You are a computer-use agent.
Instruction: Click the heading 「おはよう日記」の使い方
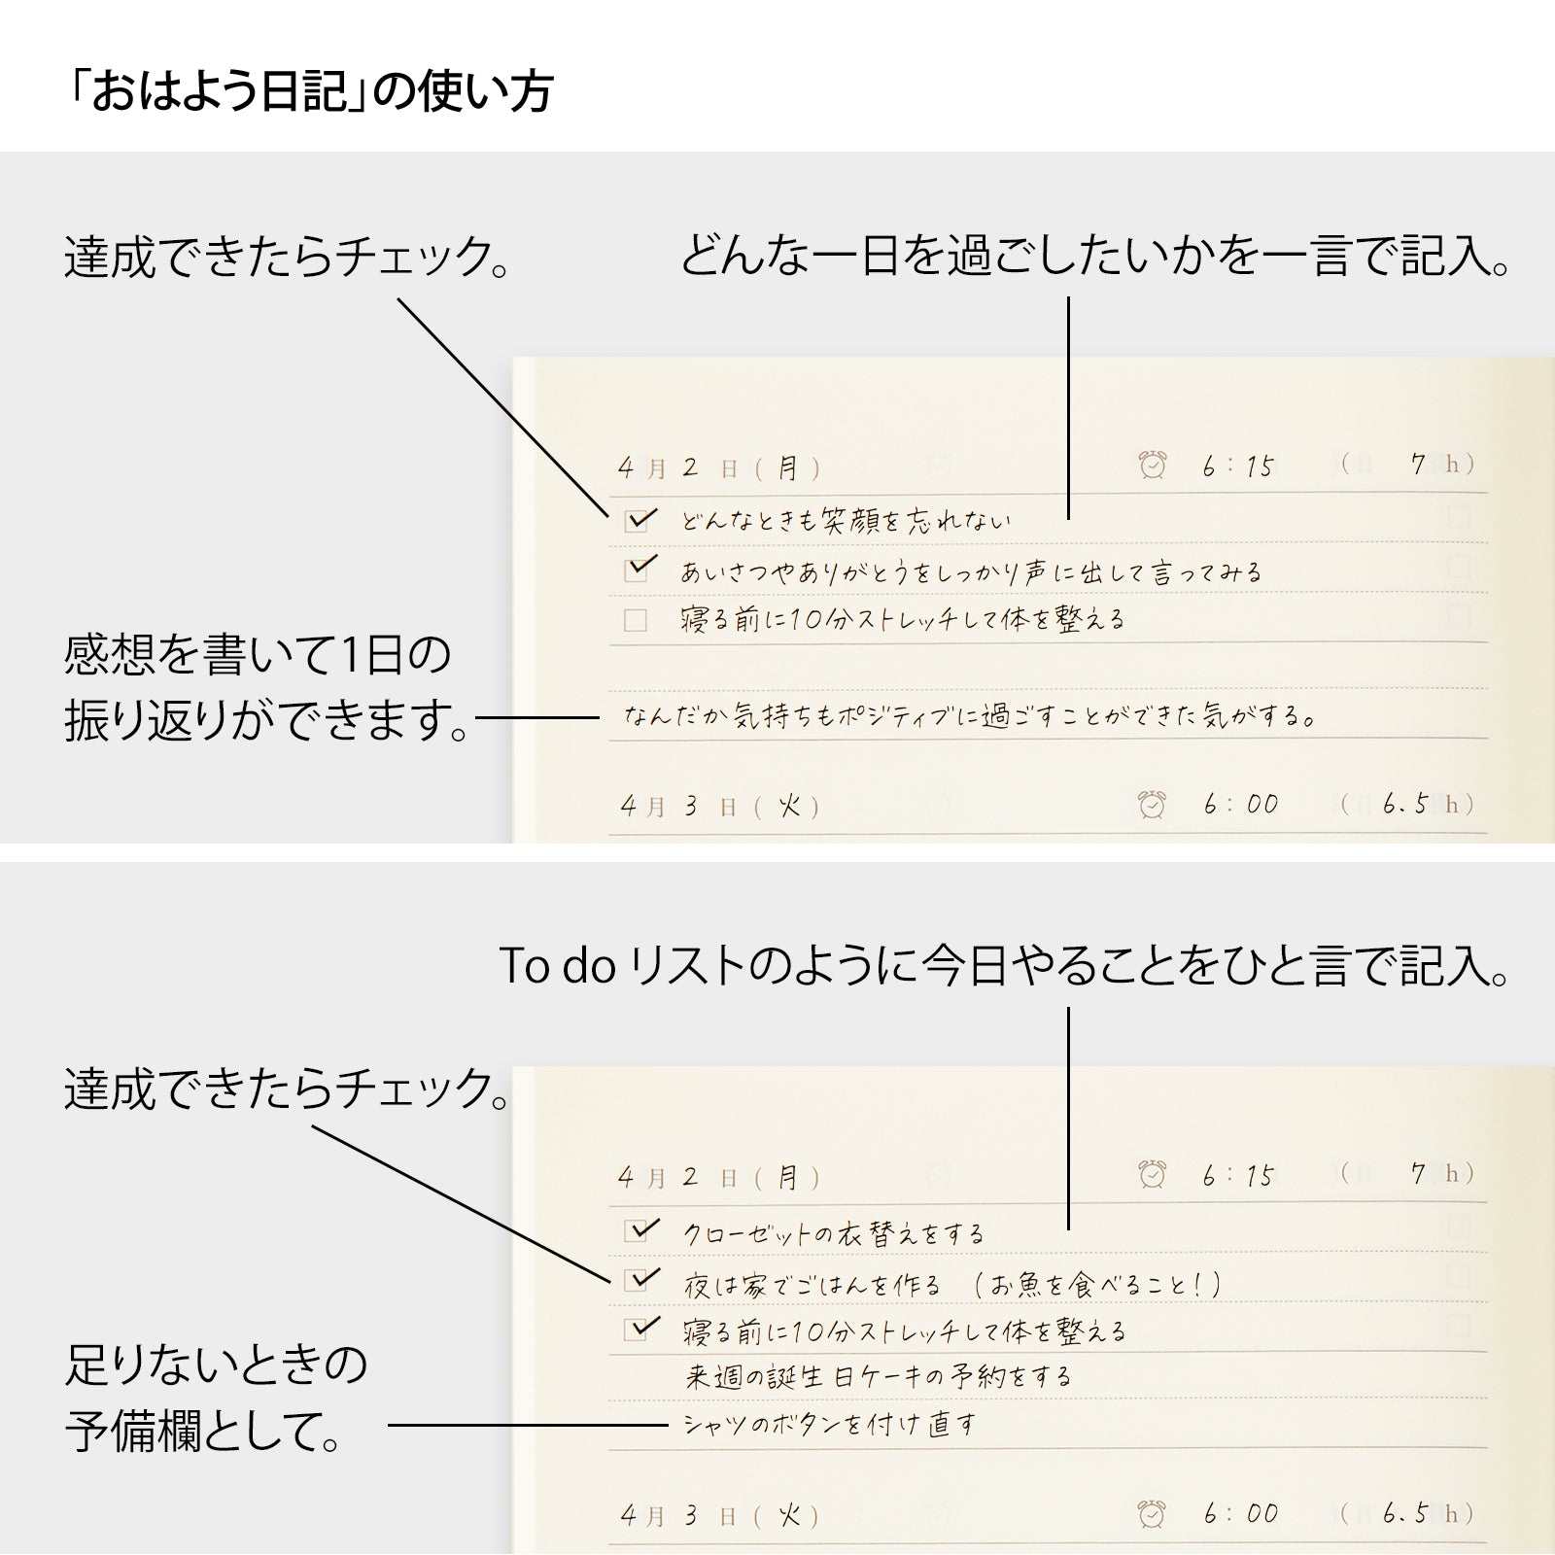tap(309, 92)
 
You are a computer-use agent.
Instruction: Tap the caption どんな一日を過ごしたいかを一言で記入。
tap(1094, 257)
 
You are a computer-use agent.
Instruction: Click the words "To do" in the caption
tap(557, 966)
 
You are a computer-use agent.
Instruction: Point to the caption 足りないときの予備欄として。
tap(216, 1398)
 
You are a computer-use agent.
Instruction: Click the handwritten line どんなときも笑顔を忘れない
tap(846, 522)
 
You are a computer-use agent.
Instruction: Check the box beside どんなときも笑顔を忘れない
tap(637, 521)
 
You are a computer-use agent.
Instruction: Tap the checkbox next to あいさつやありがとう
tap(637, 570)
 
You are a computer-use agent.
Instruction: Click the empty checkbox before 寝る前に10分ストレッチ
tap(636, 620)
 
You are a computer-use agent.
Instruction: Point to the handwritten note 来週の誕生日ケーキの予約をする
tap(879, 1376)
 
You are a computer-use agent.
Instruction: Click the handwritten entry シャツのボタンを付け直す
tap(830, 1426)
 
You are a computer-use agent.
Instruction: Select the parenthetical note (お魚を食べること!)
tap(1096, 1285)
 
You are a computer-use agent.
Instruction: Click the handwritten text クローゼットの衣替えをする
tap(834, 1234)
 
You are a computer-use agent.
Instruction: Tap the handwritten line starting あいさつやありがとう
tap(970, 571)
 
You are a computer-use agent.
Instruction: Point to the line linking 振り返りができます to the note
tap(537, 718)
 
